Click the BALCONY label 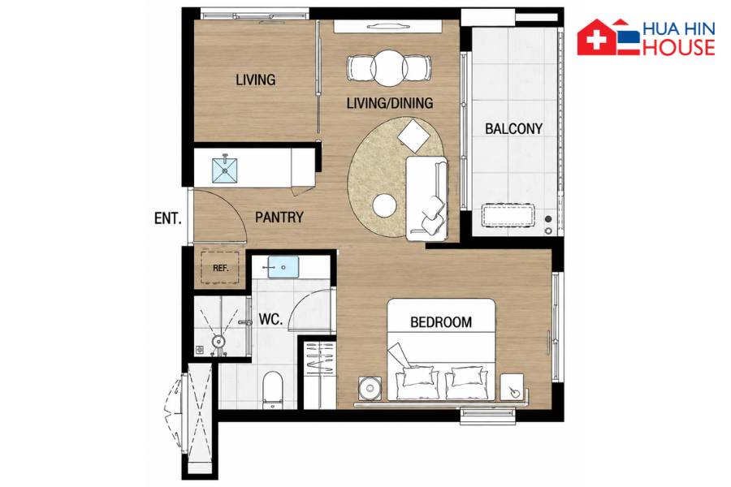(513, 128)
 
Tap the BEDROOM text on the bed (440, 322)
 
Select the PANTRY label (279, 218)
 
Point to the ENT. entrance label (168, 218)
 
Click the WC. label (270, 319)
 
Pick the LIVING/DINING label (390, 103)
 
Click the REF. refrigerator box (220, 268)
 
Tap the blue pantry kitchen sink (225, 170)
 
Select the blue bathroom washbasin (283, 267)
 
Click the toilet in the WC (273, 390)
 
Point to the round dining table (389, 68)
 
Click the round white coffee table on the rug (385, 205)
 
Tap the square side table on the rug (413, 136)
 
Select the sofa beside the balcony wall (426, 199)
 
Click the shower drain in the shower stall (218, 342)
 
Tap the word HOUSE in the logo (679, 47)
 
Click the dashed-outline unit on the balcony (508, 216)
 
